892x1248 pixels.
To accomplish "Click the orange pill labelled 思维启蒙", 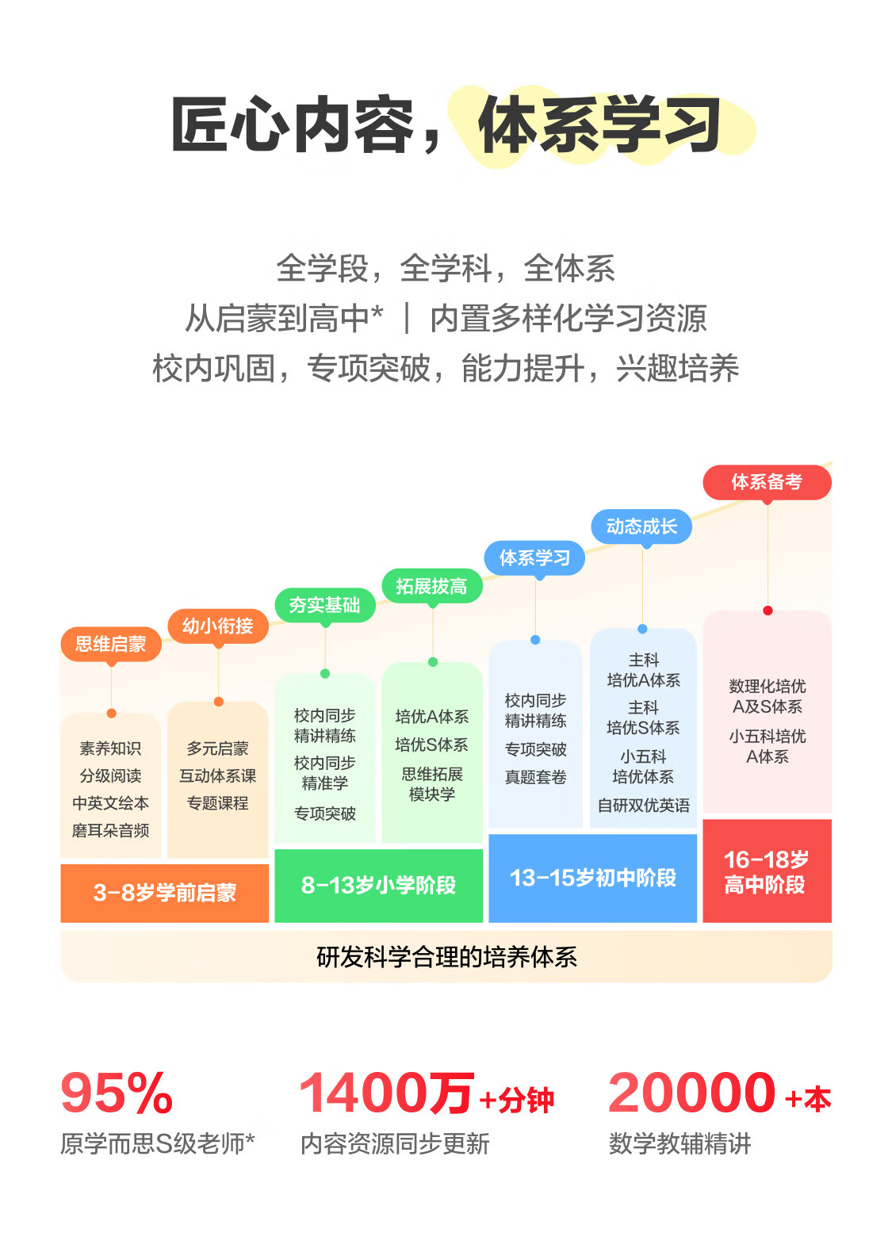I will pyautogui.click(x=111, y=644).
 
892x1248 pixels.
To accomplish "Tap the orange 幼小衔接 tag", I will pyautogui.click(x=218, y=626).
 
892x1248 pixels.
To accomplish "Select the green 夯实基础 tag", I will pyautogui.click(x=325, y=605).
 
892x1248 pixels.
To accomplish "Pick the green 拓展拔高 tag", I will pyautogui.click(x=432, y=586).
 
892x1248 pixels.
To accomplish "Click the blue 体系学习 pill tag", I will pyautogui.click(x=534, y=558).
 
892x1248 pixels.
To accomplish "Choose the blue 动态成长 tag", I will pyautogui.click(x=641, y=526).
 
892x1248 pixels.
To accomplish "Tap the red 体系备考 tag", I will pyautogui.click(x=767, y=482).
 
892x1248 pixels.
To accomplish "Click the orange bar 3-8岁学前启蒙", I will pyautogui.click(x=165, y=893).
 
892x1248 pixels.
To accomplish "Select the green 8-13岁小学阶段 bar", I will pyautogui.click(x=378, y=885).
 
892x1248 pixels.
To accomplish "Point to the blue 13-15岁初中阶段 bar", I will pyautogui.click(x=592, y=878).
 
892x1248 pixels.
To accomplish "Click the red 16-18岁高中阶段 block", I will pyautogui.click(x=767, y=871).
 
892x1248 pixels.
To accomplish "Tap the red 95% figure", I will pyautogui.click(x=117, y=1093).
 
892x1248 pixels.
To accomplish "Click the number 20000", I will pyautogui.click(x=691, y=1093).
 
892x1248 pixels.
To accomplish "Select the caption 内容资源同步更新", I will pyautogui.click(x=395, y=1144).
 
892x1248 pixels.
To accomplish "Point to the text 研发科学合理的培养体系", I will pyautogui.click(x=446, y=957).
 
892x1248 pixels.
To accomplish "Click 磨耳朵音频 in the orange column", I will pyautogui.click(x=111, y=831).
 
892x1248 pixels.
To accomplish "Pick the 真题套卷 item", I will pyautogui.click(x=535, y=777).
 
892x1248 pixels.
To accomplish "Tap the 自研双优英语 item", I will pyautogui.click(x=643, y=806).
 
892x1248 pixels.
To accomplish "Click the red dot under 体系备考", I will pyautogui.click(x=768, y=611).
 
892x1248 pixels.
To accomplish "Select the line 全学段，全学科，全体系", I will pyautogui.click(x=446, y=269).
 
